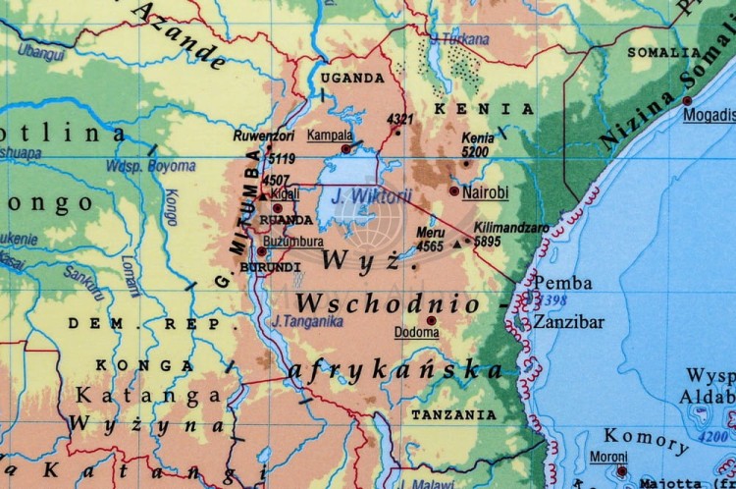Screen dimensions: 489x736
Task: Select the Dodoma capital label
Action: (416, 333)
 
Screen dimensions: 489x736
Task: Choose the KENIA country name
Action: (484, 109)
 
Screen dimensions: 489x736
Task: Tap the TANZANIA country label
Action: (453, 414)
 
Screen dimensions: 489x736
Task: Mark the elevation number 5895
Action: (488, 241)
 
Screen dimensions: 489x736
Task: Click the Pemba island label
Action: (562, 283)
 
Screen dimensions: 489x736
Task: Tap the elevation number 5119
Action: (281, 157)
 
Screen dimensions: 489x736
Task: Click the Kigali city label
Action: (286, 194)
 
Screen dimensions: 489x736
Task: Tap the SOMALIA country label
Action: (664, 52)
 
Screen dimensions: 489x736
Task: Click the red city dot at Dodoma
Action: (430, 320)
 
